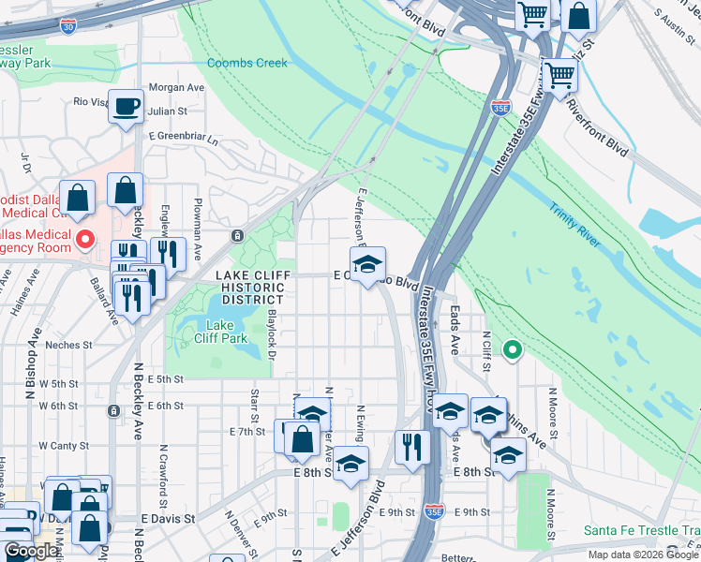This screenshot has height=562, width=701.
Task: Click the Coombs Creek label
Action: point(248,63)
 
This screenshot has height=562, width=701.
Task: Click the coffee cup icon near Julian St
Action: point(126,106)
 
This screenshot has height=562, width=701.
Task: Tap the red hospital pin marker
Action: point(84,240)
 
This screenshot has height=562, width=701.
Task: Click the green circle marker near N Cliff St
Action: point(512,351)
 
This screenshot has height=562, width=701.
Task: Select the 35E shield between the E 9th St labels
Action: point(434,511)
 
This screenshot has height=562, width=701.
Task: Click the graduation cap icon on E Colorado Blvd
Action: point(368,262)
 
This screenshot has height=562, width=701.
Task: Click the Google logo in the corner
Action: point(30,551)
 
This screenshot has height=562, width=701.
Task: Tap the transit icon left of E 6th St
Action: point(113,410)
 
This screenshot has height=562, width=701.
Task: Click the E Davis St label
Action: point(169,517)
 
